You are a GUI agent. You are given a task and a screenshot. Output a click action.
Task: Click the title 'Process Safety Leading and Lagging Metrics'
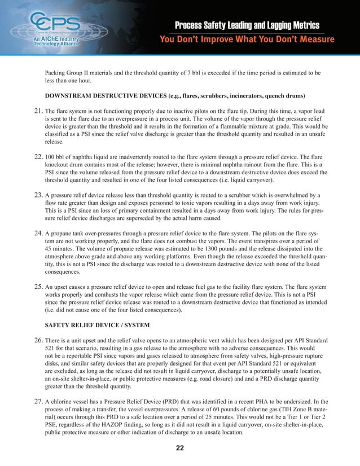pos(247,25)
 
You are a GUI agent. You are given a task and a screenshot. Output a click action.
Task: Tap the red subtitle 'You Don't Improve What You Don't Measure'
pos(247,39)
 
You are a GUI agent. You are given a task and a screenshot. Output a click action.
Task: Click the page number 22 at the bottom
pos(179,448)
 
